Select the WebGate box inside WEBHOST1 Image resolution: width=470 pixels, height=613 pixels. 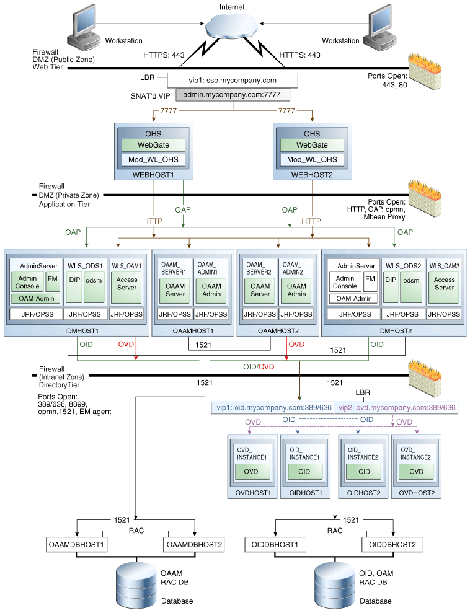pyautogui.click(x=153, y=144)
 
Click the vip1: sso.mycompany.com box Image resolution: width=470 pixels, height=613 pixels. pyautogui.click(x=233, y=80)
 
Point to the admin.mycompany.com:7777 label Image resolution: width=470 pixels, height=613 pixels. pyautogui.click(x=233, y=95)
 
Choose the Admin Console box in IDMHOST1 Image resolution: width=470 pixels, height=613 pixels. pyautogui.click(x=27, y=282)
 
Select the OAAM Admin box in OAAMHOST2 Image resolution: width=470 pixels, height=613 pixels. pyautogui.click(x=296, y=289)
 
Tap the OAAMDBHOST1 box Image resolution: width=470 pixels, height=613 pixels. pyautogui.click(x=77, y=545)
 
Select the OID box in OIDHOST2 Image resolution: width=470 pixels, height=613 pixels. pyautogui.click(x=363, y=471)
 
